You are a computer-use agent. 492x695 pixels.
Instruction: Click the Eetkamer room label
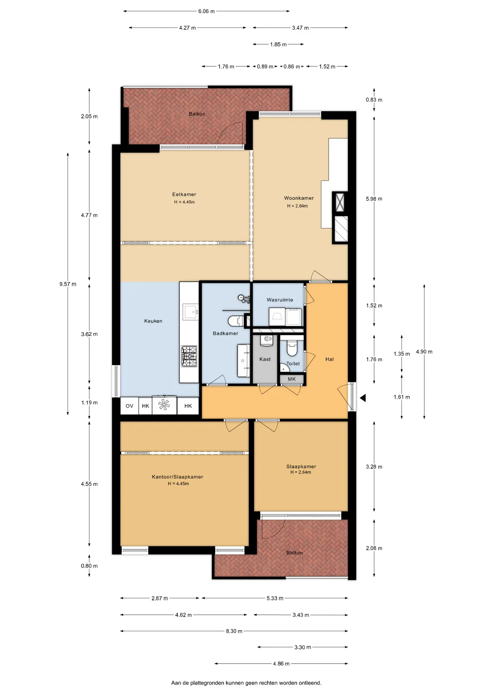coord(184,194)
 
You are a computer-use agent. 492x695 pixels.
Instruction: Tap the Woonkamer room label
coord(299,198)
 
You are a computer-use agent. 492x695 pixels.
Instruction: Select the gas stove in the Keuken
coord(189,356)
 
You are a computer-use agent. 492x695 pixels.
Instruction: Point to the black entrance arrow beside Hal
coord(363,398)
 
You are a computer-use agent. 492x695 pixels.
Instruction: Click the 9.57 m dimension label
coord(68,284)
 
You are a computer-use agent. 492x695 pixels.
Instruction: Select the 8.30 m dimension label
coord(234,631)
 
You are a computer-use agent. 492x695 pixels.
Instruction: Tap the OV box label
coord(129,406)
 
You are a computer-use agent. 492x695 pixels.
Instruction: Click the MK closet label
coord(292,379)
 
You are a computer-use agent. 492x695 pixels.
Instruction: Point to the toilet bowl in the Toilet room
coord(292,347)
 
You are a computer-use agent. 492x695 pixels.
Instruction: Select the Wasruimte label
coord(280,300)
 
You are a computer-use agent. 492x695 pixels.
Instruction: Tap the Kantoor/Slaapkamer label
coord(178,477)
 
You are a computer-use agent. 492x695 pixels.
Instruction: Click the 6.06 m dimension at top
coord(207,11)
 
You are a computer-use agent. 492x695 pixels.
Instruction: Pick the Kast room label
coord(265,359)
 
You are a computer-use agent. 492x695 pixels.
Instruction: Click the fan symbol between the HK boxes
coord(164,405)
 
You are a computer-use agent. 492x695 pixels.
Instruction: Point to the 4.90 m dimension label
coord(424,351)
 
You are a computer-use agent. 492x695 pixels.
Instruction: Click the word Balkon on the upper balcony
coord(197,114)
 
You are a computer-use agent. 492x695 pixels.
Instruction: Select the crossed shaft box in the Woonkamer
coord(340,202)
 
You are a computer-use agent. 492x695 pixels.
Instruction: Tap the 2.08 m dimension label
coord(374,548)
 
